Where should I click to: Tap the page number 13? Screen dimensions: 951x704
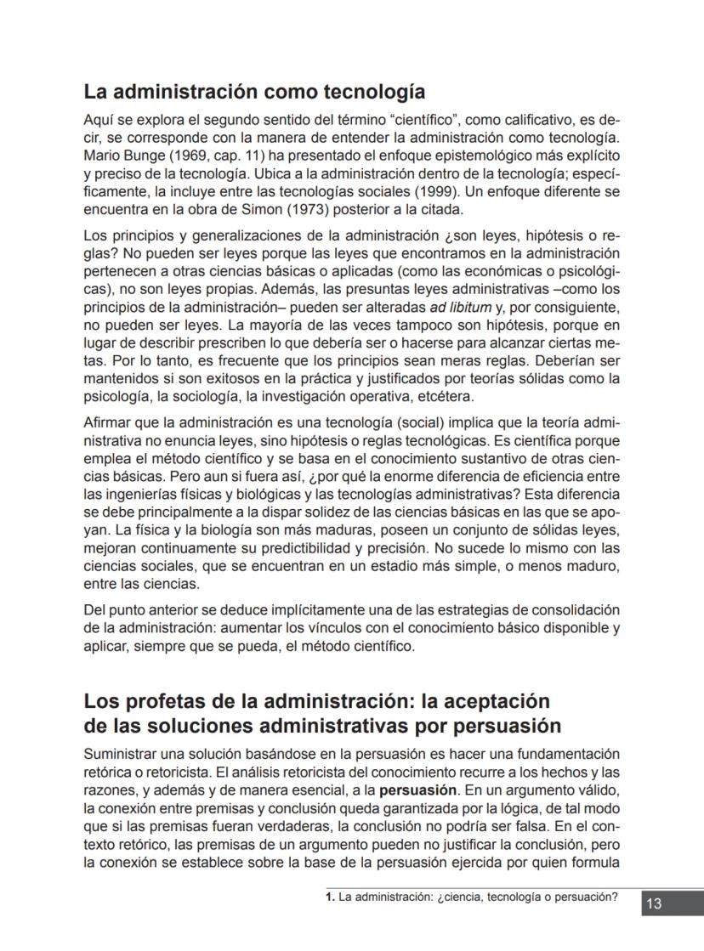pos(655,903)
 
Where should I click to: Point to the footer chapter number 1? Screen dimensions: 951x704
pos(330,897)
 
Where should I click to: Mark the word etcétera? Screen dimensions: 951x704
pos(440,397)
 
